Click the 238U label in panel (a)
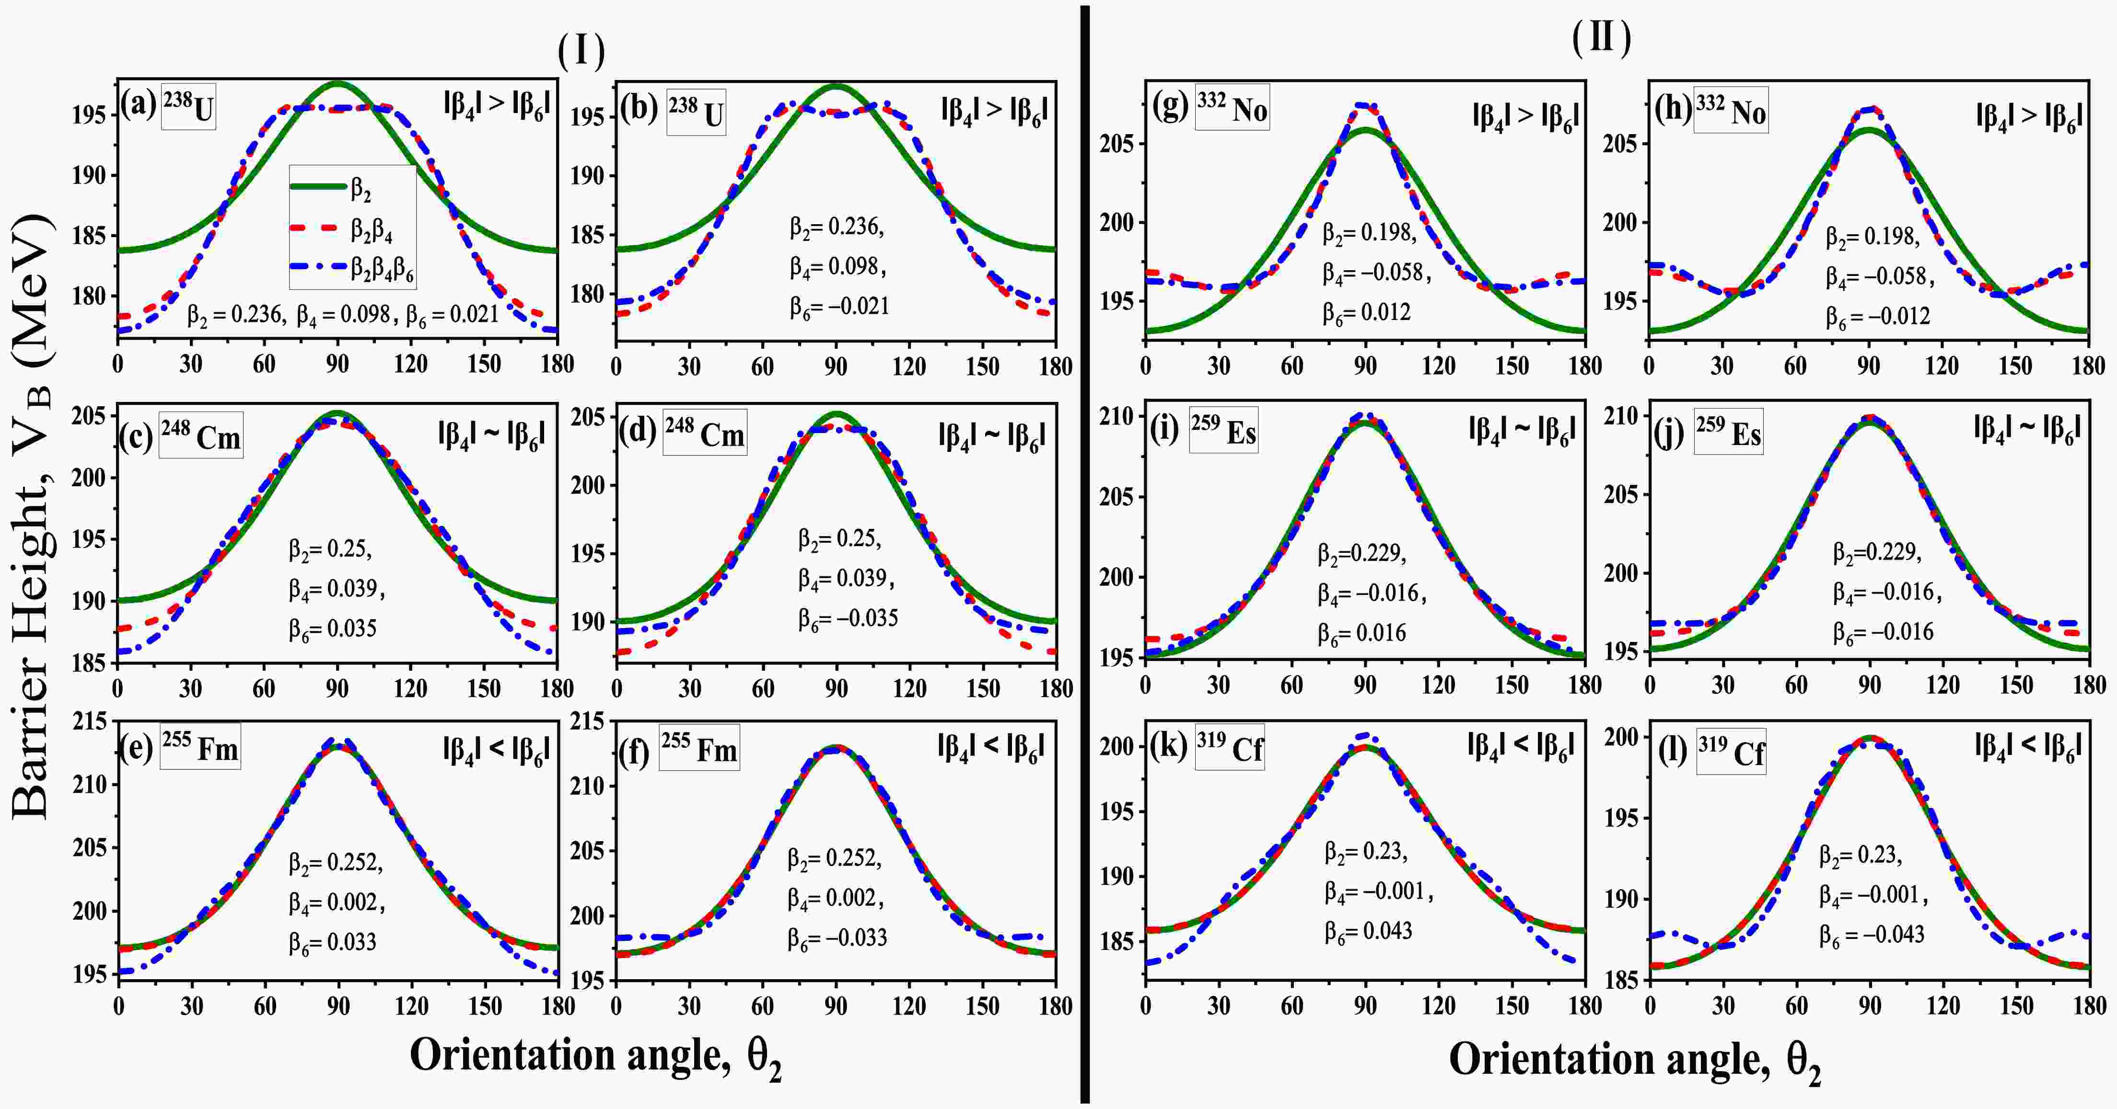coord(189,108)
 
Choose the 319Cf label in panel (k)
coord(1230,747)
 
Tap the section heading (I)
coord(581,52)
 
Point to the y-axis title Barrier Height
coord(33,517)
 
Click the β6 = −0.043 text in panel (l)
coord(1871,934)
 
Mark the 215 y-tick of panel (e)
coord(91,722)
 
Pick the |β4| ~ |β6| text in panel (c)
coord(491,434)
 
